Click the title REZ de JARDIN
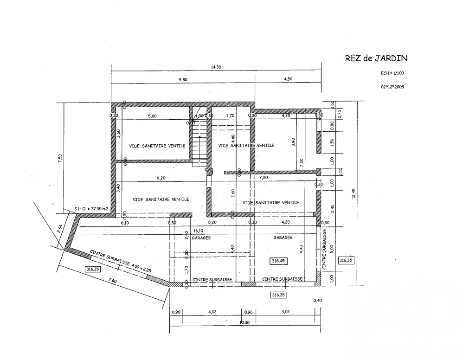pos(376,58)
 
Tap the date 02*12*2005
pos(392,86)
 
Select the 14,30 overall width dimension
pos(216,67)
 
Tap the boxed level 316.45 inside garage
pos(278,261)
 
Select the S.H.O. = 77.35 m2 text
pos(91,209)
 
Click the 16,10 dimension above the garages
pos(211,230)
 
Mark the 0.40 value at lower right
pos(317,301)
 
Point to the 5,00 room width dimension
pos(152,116)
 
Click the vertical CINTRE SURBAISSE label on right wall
pos(324,250)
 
